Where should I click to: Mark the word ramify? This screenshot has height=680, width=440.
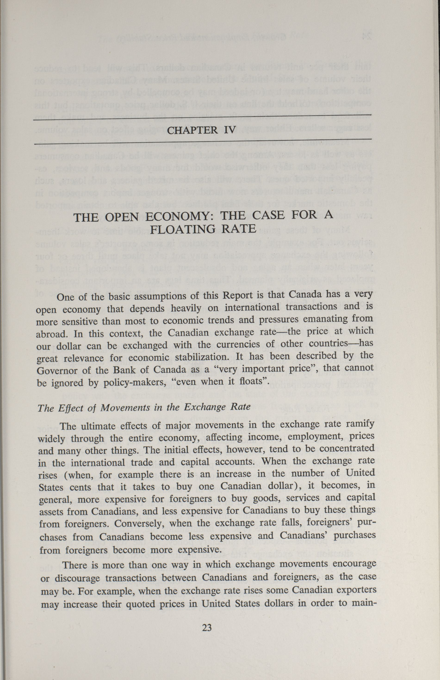click(360, 425)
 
